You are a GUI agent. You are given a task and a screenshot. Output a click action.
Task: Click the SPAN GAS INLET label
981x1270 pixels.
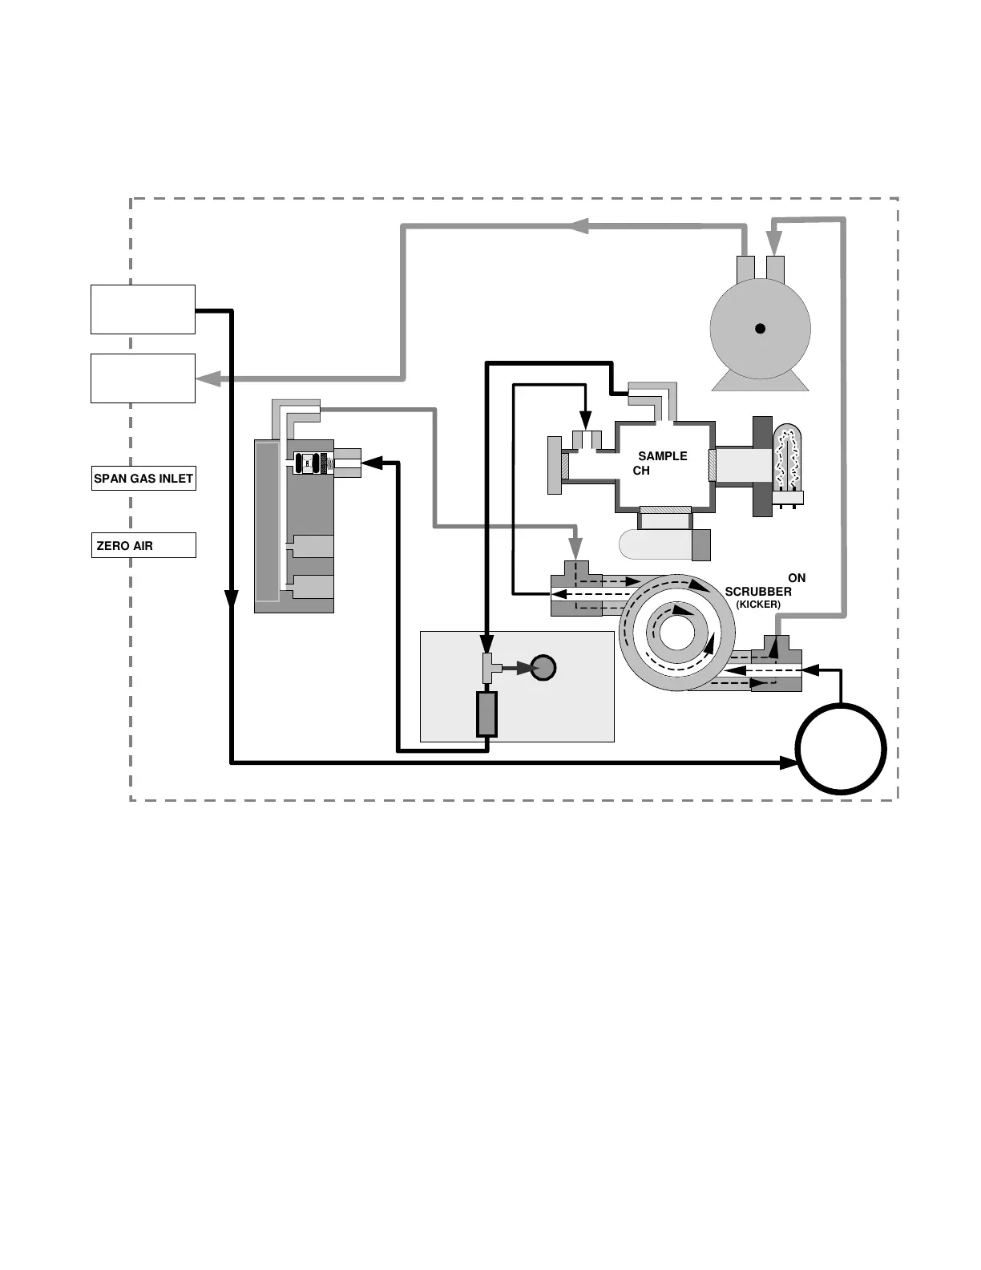[143, 479]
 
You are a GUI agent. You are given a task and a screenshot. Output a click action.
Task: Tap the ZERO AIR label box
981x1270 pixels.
[143, 545]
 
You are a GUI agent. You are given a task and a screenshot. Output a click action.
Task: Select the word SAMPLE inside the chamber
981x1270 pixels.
[662, 455]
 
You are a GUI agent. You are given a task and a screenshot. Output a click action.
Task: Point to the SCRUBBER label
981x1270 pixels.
[758, 592]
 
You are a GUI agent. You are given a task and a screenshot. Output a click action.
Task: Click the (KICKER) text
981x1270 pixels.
[758, 604]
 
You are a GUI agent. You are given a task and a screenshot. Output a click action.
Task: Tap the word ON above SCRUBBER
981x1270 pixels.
[797, 577]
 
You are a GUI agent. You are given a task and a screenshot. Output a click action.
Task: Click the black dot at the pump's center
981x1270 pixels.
[760, 328]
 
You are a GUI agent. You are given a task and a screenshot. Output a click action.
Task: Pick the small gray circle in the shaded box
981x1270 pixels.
[543, 667]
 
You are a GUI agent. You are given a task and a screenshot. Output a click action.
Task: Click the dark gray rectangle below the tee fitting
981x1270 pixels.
[486, 714]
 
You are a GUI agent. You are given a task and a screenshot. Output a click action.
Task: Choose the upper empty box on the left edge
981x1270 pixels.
[143, 309]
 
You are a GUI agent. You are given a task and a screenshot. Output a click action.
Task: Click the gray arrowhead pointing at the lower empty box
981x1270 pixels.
[207, 378]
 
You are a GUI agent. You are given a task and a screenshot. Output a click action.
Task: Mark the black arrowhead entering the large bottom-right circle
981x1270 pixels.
[789, 762]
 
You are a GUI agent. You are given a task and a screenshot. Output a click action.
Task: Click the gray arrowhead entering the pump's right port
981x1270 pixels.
[773, 242]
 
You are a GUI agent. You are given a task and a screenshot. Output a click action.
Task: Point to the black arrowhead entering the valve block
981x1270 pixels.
[372, 462]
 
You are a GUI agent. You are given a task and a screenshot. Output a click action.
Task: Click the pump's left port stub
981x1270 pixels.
[745, 268]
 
